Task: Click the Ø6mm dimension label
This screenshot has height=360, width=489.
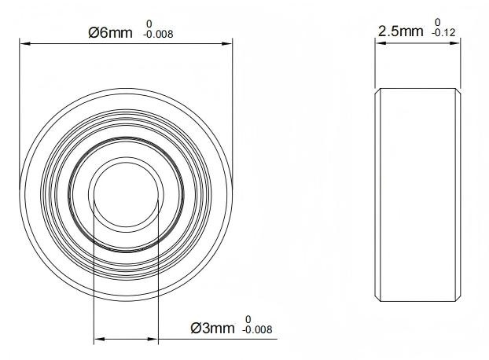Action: pos(110,32)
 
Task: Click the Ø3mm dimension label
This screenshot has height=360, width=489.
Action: pos(212,328)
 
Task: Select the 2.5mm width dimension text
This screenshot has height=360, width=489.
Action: pos(401,31)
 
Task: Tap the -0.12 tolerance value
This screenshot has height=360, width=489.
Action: pos(443,32)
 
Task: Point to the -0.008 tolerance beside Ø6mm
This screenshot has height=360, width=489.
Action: pos(158,34)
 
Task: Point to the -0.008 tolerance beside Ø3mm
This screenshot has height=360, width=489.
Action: pos(257,329)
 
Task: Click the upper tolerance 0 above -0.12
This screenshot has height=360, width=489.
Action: pos(438,23)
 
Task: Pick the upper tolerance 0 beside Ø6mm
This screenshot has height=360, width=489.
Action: pos(149,24)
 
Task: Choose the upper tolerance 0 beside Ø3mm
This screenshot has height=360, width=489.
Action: pos(248,319)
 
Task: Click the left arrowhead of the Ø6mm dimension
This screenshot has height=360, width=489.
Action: pos(25,44)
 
